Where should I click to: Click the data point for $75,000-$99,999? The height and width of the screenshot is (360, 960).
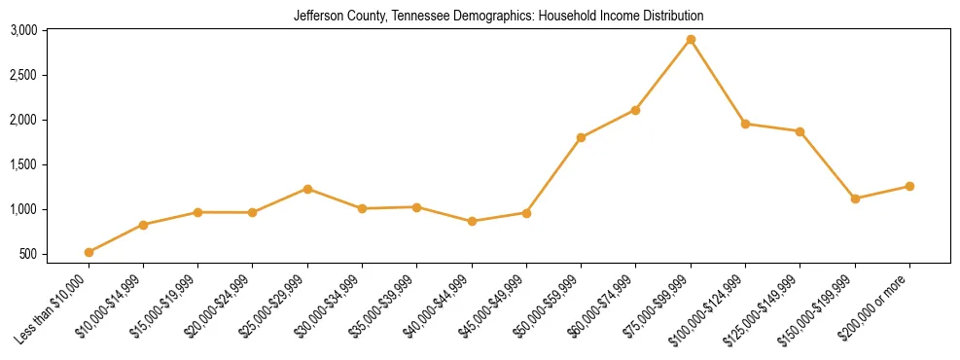(x=691, y=40)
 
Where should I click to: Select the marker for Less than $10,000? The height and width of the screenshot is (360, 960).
(x=89, y=252)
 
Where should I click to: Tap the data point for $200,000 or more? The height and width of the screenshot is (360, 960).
(x=909, y=186)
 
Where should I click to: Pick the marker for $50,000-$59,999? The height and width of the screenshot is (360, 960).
(x=581, y=137)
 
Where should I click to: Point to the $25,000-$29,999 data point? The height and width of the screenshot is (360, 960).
(x=307, y=189)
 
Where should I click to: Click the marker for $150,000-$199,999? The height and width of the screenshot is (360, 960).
(x=855, y=198)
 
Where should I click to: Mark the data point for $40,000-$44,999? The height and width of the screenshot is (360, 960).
(x=472, y=221)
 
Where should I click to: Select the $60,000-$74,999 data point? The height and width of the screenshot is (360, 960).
(x=635, y=110)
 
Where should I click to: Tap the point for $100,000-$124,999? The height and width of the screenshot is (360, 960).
(x=745, y=124)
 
